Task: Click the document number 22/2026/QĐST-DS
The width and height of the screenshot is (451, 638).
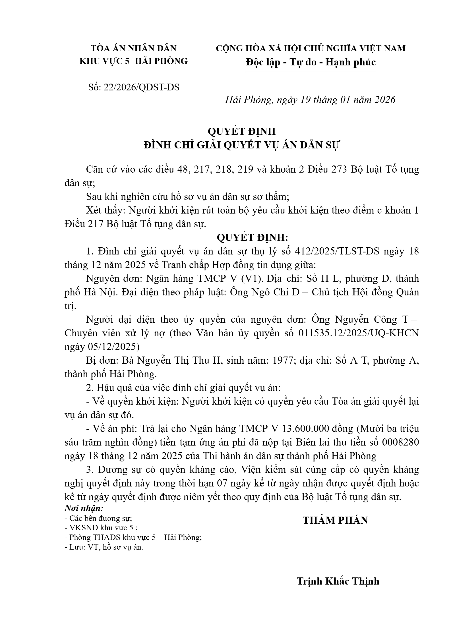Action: coord(141,87)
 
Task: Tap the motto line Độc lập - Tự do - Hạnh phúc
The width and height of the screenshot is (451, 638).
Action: coord(311,62)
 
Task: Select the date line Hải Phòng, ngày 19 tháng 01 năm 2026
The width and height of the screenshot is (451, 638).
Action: coord(310,100)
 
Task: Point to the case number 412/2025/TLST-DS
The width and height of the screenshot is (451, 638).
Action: coord(337,251)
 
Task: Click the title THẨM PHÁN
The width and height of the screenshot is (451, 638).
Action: coord(335,520)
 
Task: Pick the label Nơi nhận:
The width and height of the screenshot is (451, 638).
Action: coord(84,508)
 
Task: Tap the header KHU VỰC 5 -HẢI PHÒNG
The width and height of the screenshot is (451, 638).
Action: coord(133,61)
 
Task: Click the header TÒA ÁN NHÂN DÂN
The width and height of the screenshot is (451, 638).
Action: coord(133,48)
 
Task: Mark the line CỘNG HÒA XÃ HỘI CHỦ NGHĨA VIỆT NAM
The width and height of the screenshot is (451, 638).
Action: coord(311,48)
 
